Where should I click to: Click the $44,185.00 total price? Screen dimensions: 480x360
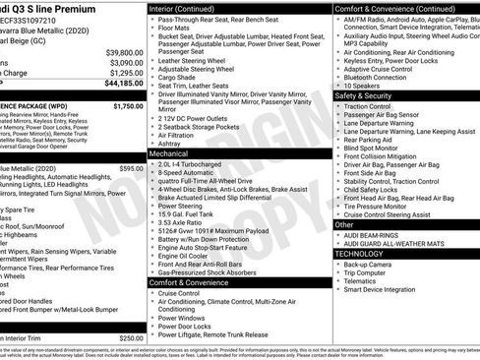point(123,84)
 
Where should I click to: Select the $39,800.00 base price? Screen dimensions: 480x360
point(124,52)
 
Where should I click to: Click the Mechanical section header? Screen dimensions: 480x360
point(168,154)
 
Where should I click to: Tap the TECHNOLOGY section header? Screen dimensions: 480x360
point(360,254)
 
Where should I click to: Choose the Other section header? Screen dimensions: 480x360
point(344,225)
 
